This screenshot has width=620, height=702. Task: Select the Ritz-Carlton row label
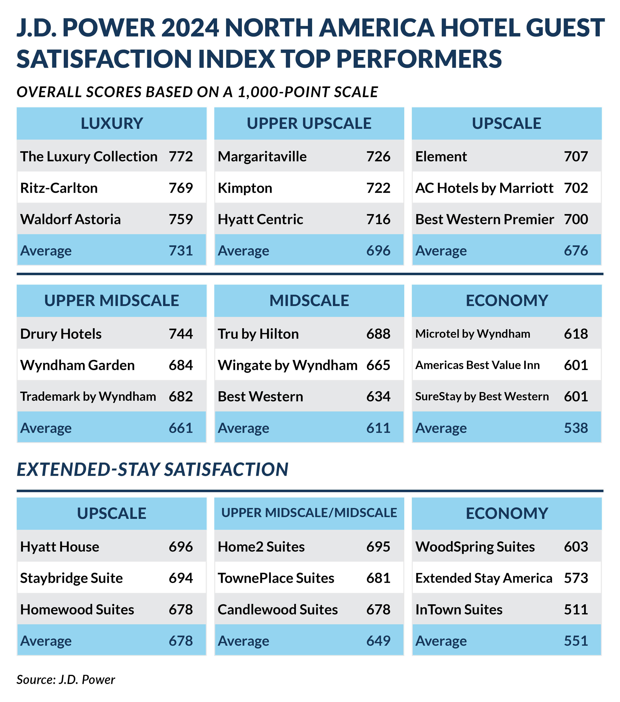tap(59, 188)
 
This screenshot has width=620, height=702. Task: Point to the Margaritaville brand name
tap(262, 157)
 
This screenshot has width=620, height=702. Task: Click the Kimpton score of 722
tap(378, 188)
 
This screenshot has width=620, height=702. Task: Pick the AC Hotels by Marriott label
tap(484, 188)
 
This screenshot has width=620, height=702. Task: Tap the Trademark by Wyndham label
tap(88, 397)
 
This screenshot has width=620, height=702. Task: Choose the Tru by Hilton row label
tap(258, 334)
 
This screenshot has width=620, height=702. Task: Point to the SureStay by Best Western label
tap(482, 397)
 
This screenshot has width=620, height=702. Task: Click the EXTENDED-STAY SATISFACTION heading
tap(152, 470)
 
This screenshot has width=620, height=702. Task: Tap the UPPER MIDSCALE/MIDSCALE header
tap(309, 513)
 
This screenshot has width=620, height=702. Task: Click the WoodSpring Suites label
tap(475, 547)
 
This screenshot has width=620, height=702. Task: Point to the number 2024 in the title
tap(190, 28)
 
